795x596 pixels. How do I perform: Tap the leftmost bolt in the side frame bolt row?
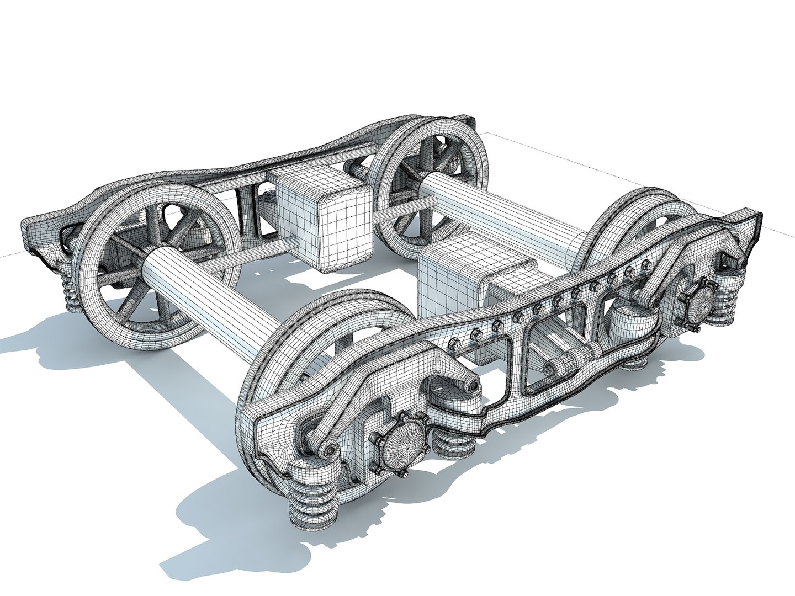click(x=454, y=344)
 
